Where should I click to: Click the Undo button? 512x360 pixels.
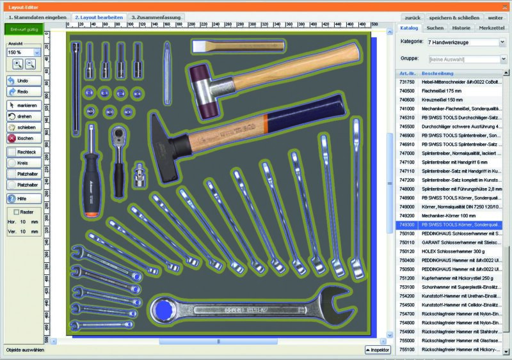click(24, 81)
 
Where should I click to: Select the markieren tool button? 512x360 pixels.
click(24, 105)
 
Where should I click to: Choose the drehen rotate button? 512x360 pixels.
click(24, 116)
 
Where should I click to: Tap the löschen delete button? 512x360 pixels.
click(24, 138)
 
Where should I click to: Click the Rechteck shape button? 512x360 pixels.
click(24, 152)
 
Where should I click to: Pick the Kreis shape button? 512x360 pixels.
click(24, 164)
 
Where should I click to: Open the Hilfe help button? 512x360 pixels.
click(24, 198)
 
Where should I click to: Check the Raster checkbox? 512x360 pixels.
click(18, 212)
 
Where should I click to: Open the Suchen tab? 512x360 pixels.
click(435, 28)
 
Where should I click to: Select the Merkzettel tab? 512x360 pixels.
click(491, 28)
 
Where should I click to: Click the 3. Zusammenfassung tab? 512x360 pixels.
click(156, 17)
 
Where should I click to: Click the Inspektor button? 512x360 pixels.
click(377, 350)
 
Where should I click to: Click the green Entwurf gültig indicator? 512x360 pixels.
click(24, 29)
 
